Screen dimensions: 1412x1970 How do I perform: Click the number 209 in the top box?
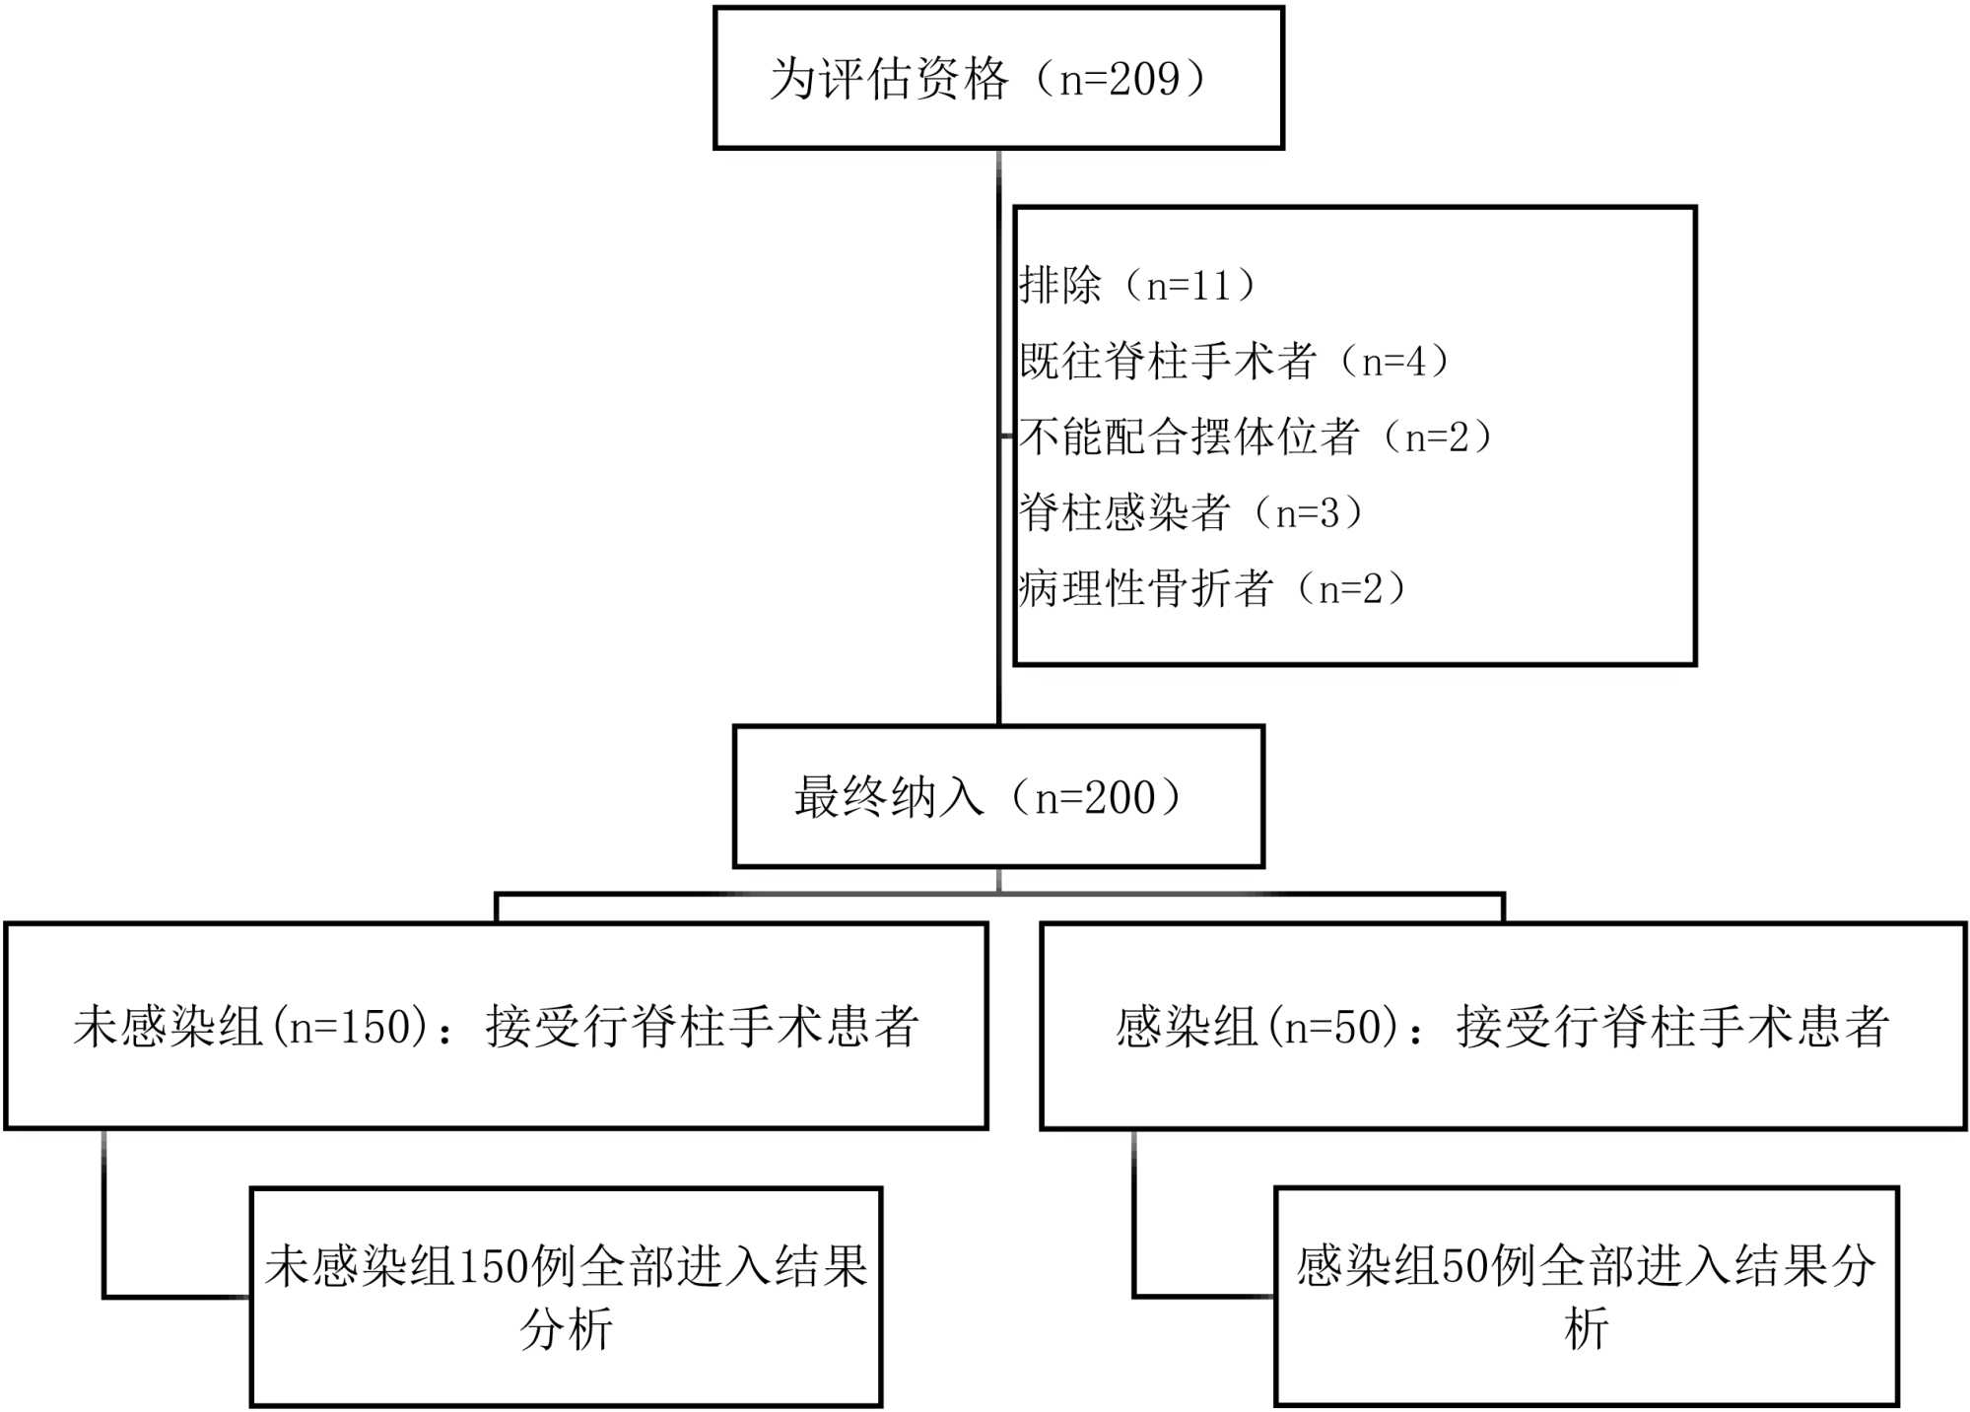pos(1144,79)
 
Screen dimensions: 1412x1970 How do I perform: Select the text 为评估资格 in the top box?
pos(889,79)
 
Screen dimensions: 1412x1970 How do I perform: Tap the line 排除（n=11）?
pos(1138,286)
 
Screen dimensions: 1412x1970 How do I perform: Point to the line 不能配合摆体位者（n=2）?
pos(1256,437)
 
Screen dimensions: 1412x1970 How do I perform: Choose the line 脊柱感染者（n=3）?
pos(1190,512)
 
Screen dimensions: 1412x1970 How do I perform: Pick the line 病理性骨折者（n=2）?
pos(1212,588)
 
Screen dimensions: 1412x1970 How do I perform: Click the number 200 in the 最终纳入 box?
pos(1120,798)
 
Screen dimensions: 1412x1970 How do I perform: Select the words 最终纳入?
pos(889,798)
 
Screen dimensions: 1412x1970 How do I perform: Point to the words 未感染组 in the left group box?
pos(168,1027)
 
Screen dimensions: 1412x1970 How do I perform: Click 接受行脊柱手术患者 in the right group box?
pos(1672,1027)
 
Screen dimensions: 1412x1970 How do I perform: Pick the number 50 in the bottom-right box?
pos(1465,1266)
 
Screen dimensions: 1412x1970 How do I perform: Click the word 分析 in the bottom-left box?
pos(567,1329)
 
